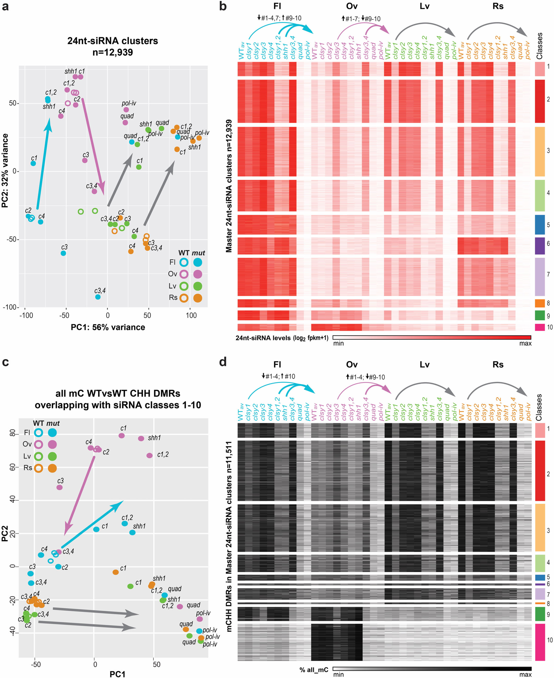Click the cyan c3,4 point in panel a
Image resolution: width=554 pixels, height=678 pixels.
pyautogui.click(x=98, y=297)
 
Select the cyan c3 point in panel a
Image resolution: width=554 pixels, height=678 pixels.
pyautogui.click(x=63, y=253)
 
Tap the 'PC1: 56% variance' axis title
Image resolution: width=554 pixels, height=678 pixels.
pyautogui.click(x=108, y=327)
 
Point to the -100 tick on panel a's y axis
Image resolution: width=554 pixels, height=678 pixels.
pyautogui.click(x=10, y=307)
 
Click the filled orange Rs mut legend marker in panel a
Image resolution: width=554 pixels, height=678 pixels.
pyautogui.click(x=197, y=298)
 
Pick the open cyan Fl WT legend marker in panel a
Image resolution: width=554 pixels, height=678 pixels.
pyautogui.click(x=184, y=262)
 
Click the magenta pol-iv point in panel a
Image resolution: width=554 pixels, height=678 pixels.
pyautogui.click(x=126, y=110)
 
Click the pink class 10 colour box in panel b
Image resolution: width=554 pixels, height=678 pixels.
pyautogui.click(x=540, y=327)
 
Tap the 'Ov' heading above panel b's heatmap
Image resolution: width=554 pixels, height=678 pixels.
pyautogui.click(x=352, y=6)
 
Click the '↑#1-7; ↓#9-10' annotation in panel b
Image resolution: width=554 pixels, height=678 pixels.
pyautogui.click(x=361, y=19)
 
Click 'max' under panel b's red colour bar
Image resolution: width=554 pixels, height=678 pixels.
pyautogui.click(x=525, y=343)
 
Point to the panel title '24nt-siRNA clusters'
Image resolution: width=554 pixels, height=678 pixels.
pyautogui.click(x=112, y=41)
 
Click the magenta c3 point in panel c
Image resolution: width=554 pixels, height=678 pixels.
pyautogui.click(x=59, y=487)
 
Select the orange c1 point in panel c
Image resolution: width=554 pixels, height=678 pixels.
pyautogui.click(x=115, y=572)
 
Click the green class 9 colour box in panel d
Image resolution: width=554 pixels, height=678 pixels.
pyautogui.click(x=540, y=614)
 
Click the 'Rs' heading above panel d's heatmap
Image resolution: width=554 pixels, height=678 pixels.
pyautogui.click(x=498, y=364)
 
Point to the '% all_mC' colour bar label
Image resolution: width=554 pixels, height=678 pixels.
pyautogui.click(x=314, y=670)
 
